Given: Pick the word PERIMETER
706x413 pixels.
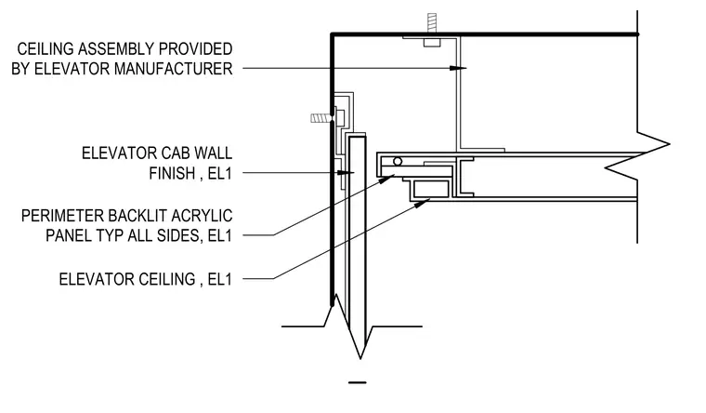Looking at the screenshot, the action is click(62, 216).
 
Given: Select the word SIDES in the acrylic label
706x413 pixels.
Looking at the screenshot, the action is click(179, 235).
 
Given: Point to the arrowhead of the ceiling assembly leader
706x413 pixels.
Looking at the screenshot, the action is click(458, 68).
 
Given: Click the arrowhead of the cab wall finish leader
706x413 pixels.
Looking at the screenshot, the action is click(346, 173).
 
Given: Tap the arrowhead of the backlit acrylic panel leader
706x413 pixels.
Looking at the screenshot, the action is click(386, 179).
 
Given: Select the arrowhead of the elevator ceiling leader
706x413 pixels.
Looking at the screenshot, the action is click(422, 203).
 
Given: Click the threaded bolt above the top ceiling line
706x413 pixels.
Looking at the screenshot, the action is click(432, 23).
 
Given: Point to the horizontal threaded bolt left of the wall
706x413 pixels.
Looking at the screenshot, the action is click(321, 118).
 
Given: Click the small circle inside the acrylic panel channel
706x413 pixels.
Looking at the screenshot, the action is click(398, 162).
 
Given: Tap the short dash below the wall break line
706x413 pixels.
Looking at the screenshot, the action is click(358, 383).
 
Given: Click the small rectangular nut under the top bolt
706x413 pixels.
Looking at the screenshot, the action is click(432, 43).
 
